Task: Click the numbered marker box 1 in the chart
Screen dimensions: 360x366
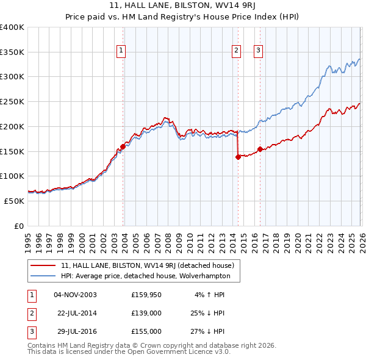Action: (121, 51)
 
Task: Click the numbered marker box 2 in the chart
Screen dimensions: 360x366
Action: (236, 51)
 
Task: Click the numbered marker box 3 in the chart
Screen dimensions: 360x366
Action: (259, 51)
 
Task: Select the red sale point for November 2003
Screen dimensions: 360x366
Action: (123, 146)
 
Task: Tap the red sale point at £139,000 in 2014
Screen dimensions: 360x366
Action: (238, 157)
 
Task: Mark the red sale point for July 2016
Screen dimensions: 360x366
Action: (260, 149)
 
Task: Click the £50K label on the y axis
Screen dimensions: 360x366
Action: (14, 201)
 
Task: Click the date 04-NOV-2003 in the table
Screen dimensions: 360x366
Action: (75, 295)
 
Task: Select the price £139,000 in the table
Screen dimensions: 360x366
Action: (146, 313)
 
